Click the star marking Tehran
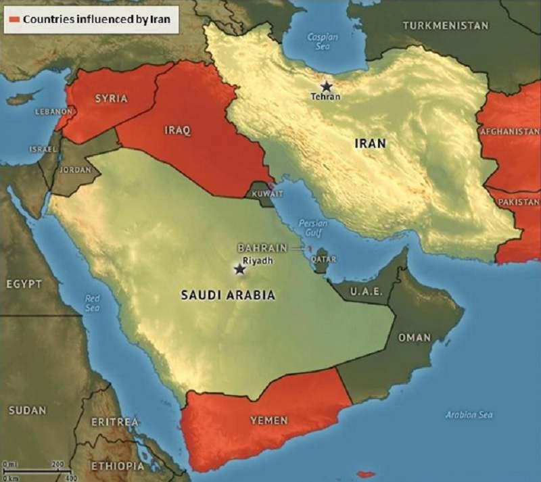tap(327, 86)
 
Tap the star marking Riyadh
tap(239, 269)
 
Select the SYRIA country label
tap(111, 99)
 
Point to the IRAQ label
tap(177, 130)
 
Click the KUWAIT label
tap(266, 194)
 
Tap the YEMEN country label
tap(269, 420)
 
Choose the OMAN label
tap(415, 337)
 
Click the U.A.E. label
tap(367, 292)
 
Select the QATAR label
tap(323, 259)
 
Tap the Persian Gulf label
tap(312, 228)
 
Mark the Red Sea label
tap(93, 303)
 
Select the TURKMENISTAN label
tap(446, 26)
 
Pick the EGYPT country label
tap(24, 284)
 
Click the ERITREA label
tap(115, 422)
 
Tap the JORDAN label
tap(75, 170)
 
